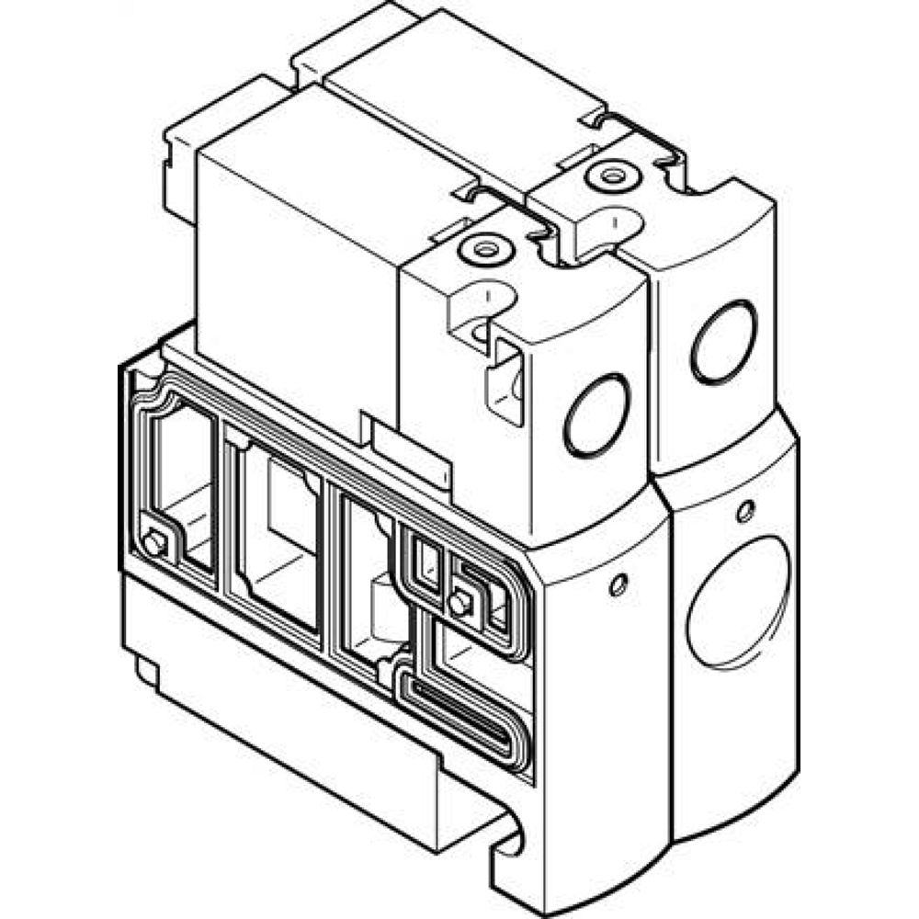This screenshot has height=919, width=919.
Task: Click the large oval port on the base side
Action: point(737,602)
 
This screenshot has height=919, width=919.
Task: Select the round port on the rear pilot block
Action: point(724,341)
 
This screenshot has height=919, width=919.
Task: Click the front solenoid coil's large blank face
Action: point(294,267)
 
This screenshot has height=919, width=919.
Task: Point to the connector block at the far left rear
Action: point(198,156)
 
